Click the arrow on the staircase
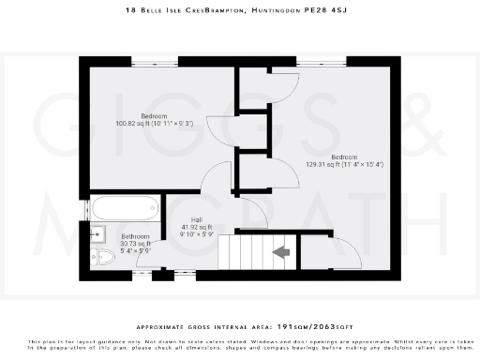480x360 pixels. (x=280, y=251)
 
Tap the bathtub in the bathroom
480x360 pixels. (x=126, y=208)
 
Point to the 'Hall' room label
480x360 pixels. (x=197, y=220)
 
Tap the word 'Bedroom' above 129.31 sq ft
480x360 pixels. (x=344, y=157)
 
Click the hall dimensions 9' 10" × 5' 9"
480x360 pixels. (x=197, y=235)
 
